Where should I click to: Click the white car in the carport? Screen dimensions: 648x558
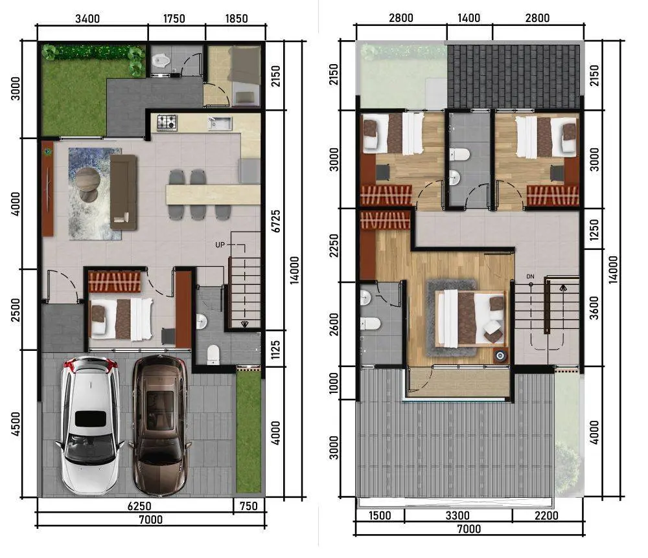coord(89,425)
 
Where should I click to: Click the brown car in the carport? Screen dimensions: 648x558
coord(159,425)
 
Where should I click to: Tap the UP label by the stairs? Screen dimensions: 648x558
coord(220,245)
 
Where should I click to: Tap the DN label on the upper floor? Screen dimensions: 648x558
coord(530,276)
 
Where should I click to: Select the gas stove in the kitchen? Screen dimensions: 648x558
coord(167,122)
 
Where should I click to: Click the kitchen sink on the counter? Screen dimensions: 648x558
coord(220,123)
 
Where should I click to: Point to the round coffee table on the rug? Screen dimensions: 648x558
coord(87,179)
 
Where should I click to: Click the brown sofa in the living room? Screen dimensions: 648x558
coord(123,192)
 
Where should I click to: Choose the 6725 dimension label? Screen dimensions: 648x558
coord(275,221)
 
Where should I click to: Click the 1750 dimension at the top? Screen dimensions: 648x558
coord(174,19)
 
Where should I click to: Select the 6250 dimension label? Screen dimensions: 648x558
coord(139,506)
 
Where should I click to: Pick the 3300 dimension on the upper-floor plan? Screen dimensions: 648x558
coord(457,515)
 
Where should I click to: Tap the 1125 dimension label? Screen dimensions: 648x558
coord(275,349)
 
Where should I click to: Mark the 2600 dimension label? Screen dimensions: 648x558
coord(334,324)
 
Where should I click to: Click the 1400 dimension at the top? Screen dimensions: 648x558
coord(469,18)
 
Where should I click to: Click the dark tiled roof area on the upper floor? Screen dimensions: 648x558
coord(514,77)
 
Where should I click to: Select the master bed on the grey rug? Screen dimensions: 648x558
coord(471,318)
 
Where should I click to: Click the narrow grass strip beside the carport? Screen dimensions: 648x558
coord(249,431)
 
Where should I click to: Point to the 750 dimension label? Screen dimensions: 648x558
coord(248,506)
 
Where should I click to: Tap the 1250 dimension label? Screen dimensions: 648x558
coord(594,229)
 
